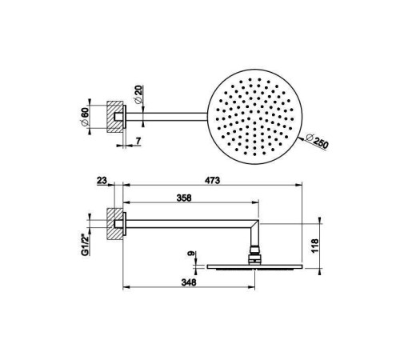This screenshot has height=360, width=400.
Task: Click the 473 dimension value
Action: [212, 181]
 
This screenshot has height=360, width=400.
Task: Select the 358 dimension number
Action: [184, 198]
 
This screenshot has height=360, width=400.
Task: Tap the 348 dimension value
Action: [189, 282]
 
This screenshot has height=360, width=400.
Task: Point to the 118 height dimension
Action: [314, 246]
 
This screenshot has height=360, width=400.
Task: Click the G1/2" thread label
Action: [85, 245]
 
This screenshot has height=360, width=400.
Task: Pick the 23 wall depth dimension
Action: [102, 181]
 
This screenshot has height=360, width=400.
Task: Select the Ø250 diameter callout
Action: [317, 142]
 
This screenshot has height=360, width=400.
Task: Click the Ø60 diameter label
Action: [85, 118]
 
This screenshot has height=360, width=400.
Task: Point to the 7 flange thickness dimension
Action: [138, 141]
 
